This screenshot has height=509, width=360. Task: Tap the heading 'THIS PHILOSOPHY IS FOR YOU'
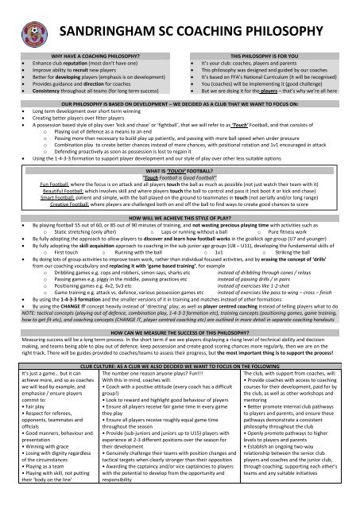point(269,58)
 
